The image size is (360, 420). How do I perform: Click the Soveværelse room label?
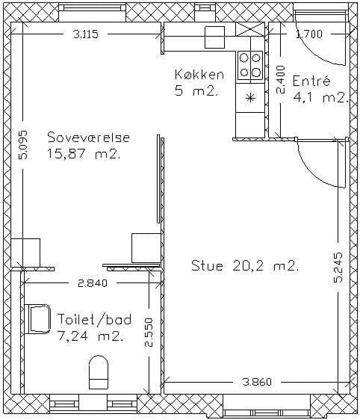[89, 138]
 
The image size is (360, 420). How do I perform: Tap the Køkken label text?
[199, 74]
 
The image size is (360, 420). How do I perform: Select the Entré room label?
[311, 81]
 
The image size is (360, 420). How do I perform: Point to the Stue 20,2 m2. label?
[245, 266]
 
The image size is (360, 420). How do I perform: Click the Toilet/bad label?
[95, 319]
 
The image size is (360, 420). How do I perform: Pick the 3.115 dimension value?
[86, 34]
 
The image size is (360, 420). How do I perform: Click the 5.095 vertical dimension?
[23, 145]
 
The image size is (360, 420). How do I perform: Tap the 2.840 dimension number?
[93, 283]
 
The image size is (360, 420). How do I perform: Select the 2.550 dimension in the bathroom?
[148, 333]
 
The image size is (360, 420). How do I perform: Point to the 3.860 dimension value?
[257, 382]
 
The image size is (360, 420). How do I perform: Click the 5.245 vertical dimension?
[338, 267]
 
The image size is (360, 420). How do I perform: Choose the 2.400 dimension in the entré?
[281, 79]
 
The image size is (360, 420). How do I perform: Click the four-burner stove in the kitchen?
[250, 65]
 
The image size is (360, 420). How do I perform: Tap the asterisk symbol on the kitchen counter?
[250, 98]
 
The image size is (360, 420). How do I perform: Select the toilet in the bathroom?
[99, 371]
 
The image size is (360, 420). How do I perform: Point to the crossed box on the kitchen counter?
[250, 29]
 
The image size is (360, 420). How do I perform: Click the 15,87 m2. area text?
[84, 154]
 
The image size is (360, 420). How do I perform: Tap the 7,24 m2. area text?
[90, 336]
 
